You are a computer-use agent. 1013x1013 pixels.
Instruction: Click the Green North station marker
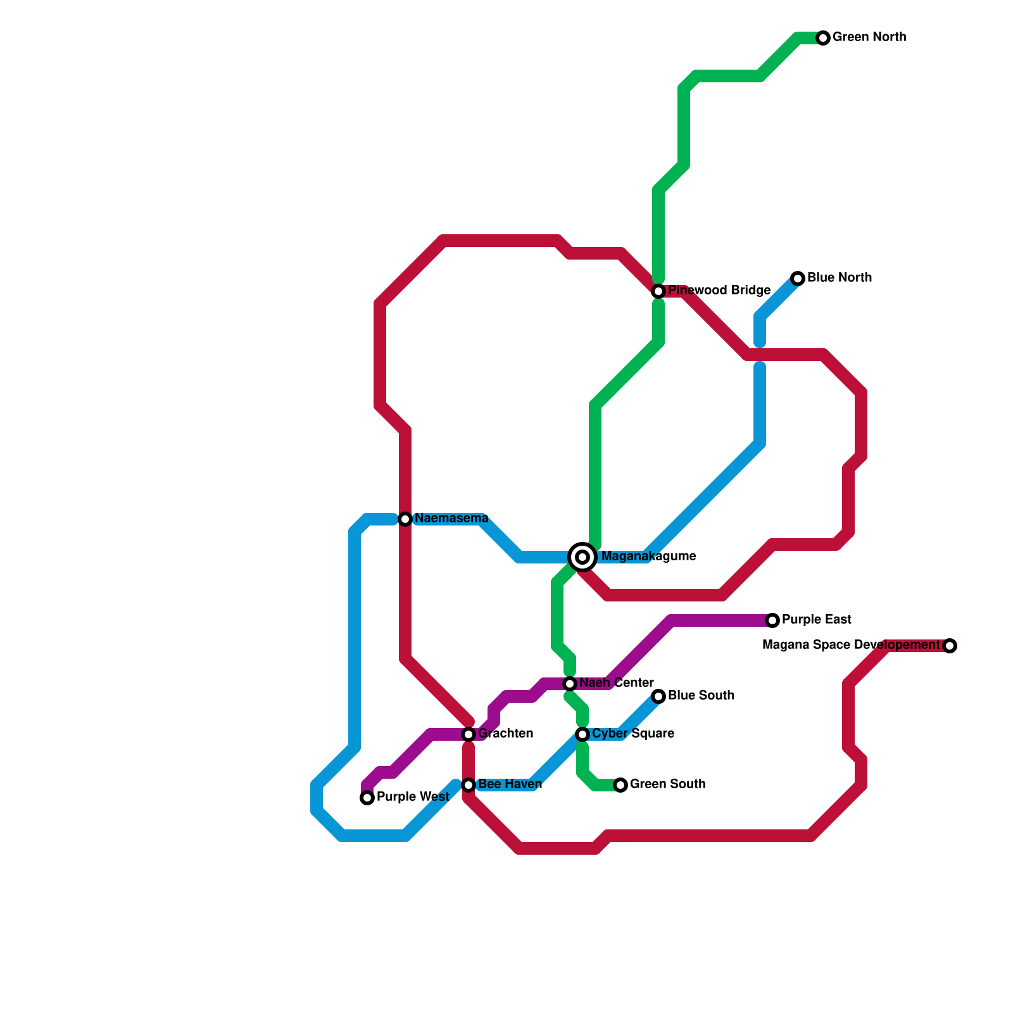tap(823, 38)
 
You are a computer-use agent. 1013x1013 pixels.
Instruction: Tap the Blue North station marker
tap(798, 279)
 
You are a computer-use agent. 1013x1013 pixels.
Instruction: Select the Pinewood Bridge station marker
tap(658, 291)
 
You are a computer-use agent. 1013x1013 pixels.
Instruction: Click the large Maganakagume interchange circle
tap(582, 557)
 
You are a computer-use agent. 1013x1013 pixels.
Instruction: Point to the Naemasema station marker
tap(405, 519)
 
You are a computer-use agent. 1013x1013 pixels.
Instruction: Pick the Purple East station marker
tap(772, 620)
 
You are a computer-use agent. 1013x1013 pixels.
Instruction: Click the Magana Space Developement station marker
tap(950, 646)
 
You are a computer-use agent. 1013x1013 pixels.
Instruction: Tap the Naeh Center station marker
tap(570, 684)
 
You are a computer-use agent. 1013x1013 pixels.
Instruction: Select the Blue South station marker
tap(658, 696)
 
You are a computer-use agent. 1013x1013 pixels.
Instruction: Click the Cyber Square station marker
tap(582, 734)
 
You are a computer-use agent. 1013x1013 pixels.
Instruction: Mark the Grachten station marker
tap(469, 734)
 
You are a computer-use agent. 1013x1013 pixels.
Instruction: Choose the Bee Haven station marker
tap(469, 785)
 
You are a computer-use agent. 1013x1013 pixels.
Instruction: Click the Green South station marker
tap(620, 785)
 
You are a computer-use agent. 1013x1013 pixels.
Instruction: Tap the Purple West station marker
tap(367, 798)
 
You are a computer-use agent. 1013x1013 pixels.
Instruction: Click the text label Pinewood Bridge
tap(719, 291)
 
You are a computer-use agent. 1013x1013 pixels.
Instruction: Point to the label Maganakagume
tap(648, 557)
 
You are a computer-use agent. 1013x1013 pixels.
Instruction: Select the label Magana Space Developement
tap(851, 645)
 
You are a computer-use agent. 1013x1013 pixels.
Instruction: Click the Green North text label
tap(869, 37)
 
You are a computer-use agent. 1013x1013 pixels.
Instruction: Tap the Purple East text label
tap(816, 620)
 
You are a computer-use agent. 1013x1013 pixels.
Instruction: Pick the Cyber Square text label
tap(632, 734)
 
